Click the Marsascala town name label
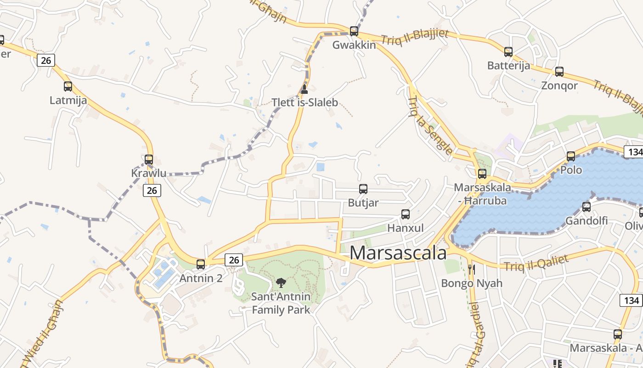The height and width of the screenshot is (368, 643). click(x=398, y=253)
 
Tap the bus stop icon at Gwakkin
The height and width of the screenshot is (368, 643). click(x=354, y=31)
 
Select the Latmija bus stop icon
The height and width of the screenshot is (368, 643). click(x=68, y=86)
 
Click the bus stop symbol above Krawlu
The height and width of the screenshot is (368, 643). click(x=149, y=160)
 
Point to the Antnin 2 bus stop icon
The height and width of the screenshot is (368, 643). click(x=201, y=264)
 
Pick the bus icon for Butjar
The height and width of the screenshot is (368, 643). click(x=363, y=189)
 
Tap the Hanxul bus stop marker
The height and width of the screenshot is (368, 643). click(x=406, y=214)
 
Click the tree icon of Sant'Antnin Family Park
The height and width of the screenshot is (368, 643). click(x=281, y=283)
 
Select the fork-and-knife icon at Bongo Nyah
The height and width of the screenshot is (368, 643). click(x=471, y=269)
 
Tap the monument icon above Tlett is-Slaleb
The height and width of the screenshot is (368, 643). click(x=304, y=89)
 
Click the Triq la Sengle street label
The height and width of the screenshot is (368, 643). click(x=429, y=125)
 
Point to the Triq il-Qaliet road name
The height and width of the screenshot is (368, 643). click(x=536, y=263)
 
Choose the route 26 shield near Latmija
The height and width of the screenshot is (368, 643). click(x=46, y=60)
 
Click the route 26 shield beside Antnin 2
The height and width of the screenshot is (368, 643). click(x=234, y=260)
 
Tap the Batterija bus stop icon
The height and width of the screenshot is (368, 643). click(x=508, y=52)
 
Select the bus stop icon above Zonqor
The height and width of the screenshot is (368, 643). click(x=559, y=72)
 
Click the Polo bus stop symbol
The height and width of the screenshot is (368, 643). click(x=571, y=156)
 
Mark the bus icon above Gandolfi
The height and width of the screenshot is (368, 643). click(x=587, y=207)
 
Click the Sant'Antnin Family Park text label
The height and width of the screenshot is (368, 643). click(x=281, y=303)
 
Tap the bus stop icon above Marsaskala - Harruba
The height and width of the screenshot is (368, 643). click(x=482, y=174)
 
